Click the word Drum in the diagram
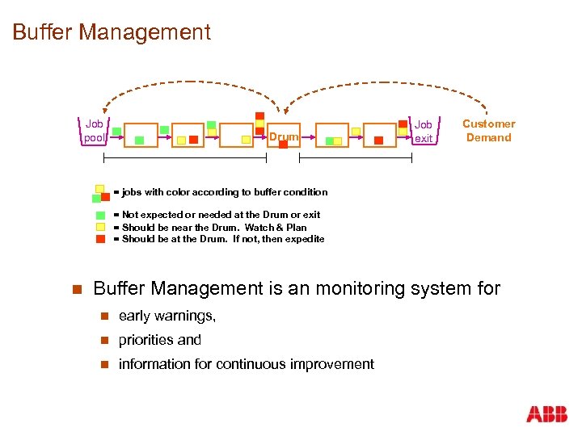pos(284,137)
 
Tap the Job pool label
pos(95,131)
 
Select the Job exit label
pos(424,132)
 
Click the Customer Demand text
pos(488,131)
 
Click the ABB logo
pos(547,414)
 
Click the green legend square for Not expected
pos(100,215)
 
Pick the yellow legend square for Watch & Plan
pos(100,227)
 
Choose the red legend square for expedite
pos(100,239)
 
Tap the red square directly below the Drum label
pos(283,146)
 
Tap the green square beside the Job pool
pos(116,132)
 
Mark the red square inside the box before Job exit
pos(378,140)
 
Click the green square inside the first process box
pos(140,140)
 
